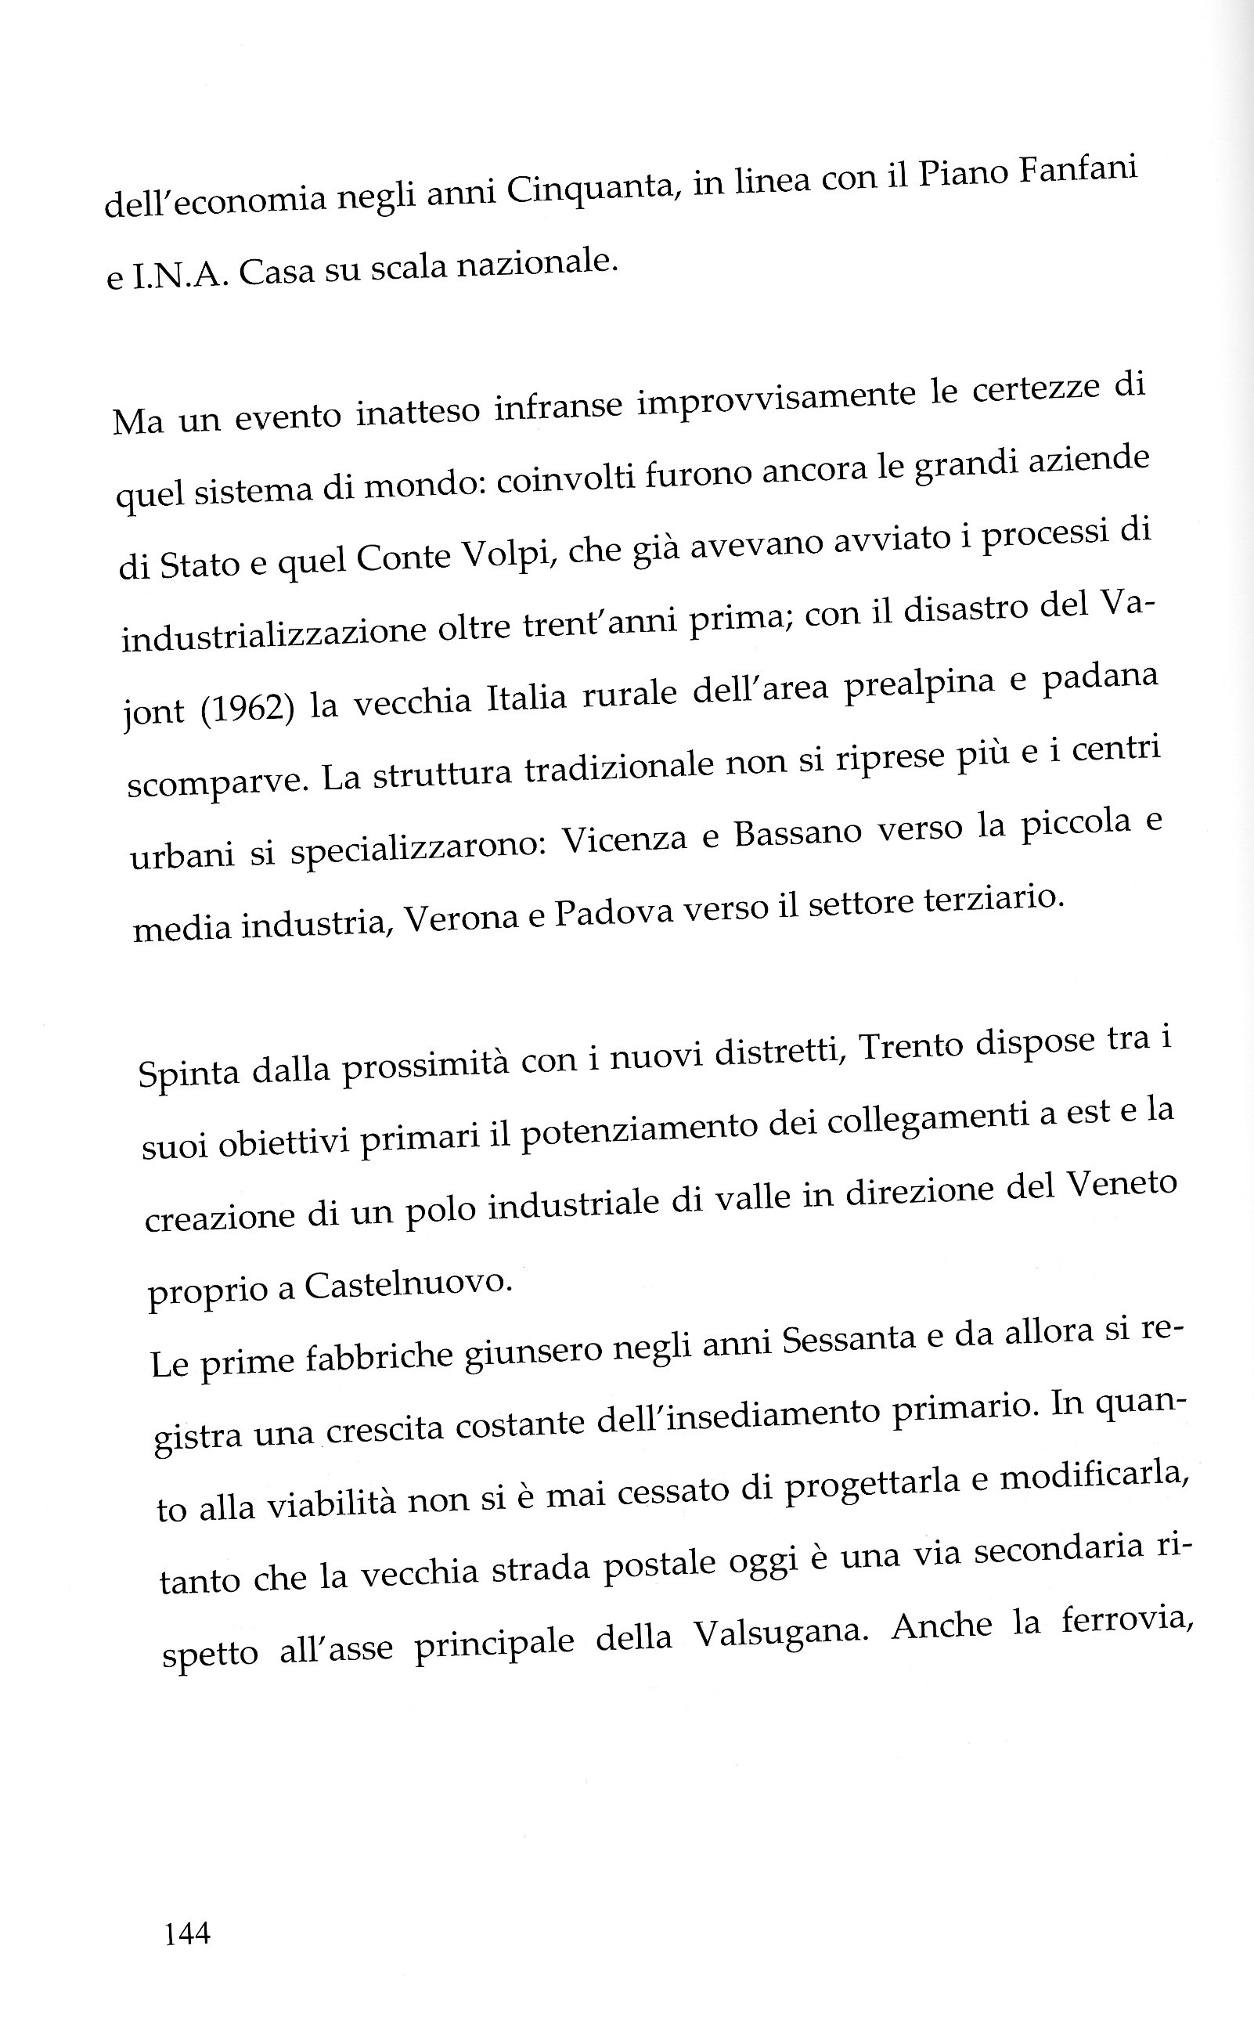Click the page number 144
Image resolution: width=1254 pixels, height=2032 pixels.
tap(187, 1934)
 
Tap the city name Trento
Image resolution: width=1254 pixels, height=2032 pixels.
tap(908, 1048)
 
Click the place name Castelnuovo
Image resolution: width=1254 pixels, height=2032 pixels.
tap(407, 1285)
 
